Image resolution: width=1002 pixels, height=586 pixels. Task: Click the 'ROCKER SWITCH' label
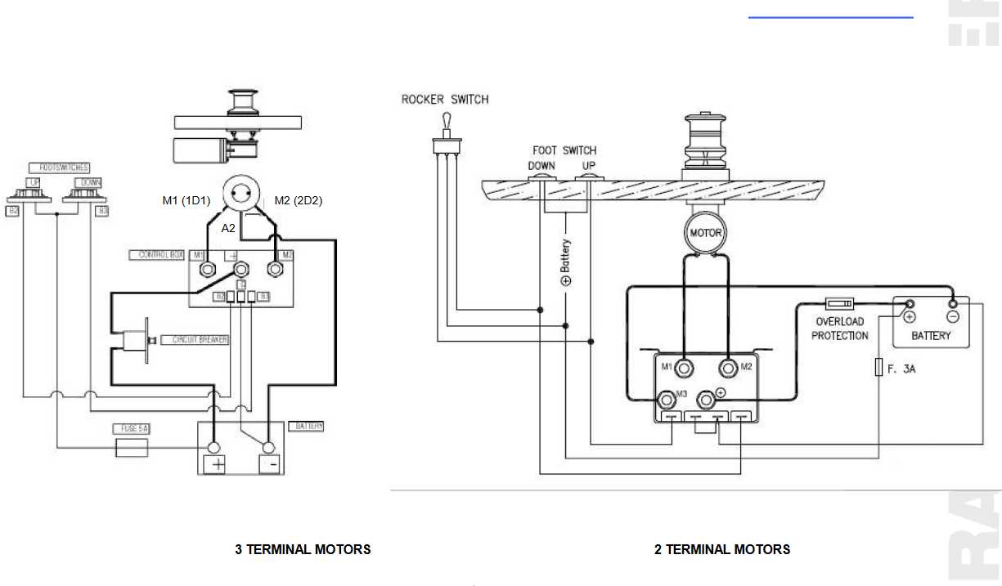pyautogui.click(x=445, y=100)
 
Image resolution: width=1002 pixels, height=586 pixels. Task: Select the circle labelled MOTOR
pyautogui.click(x=705, y=233)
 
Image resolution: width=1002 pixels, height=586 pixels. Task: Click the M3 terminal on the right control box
pyautogui.click(x=667, y=399)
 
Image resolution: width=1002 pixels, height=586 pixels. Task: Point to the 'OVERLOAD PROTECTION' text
pyautogui.click(x=840, y=329)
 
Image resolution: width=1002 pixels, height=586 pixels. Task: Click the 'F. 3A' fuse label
pyautogui.click(x=901, y=369)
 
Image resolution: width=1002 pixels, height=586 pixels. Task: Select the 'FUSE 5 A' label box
pyautogui.click(x=130, y=428)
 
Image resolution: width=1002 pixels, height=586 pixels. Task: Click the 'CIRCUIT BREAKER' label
pyautogui.click(x=195, y=339)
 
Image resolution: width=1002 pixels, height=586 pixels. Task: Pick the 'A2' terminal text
pyautogui.click(x=229, y=229)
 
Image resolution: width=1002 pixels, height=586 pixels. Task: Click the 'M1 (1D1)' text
pyautogui.click(x=186, y=201)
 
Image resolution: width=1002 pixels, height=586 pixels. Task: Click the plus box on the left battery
pyautogui.click(x=217, y=464)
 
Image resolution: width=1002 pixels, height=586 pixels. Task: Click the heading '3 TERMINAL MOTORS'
pyautogui.click(x=303, y=549)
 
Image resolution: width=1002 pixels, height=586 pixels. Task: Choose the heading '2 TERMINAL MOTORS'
pyautogui.click(x=722, y=549)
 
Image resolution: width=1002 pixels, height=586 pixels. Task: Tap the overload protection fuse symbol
pyautogui.click(x=841, y=303)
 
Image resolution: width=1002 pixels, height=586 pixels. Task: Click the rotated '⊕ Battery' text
pyautogui.click(x=566, y=262)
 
